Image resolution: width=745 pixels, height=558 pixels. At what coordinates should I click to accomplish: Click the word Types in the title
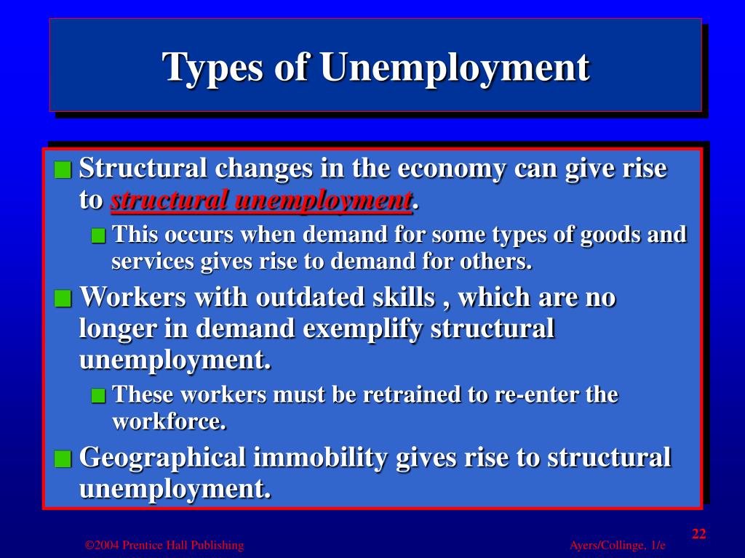[212, 68]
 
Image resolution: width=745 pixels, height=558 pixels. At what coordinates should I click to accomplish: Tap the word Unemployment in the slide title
[453, 68]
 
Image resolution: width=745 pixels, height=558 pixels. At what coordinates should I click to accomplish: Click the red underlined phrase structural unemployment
[261, 201]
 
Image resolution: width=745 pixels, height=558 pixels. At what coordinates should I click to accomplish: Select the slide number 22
[699, 534]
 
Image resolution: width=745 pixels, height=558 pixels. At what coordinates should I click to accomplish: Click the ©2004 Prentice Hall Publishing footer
[164, 546]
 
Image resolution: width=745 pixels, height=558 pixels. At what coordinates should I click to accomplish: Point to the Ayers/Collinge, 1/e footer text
[618, 546]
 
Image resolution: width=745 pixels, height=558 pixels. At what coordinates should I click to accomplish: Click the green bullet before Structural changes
[63, 170]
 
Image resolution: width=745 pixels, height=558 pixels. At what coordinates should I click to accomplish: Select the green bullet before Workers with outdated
[63, 299]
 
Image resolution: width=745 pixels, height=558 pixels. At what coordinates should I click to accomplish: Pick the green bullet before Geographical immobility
[63, 459]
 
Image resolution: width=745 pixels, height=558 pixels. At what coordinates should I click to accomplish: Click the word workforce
[169, 421]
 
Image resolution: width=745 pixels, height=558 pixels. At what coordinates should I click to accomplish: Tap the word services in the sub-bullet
[150, 261]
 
